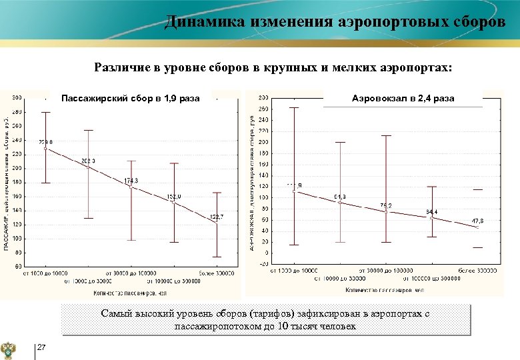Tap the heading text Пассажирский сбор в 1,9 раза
[130, 99]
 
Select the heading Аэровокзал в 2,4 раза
[403, 98]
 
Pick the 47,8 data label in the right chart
[477, 221]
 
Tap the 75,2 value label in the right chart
[386, 205]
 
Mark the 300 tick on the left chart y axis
[17, 98]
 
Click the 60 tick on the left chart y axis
[18, 266]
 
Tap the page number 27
[41, 347]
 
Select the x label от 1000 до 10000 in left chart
[45, 273]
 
